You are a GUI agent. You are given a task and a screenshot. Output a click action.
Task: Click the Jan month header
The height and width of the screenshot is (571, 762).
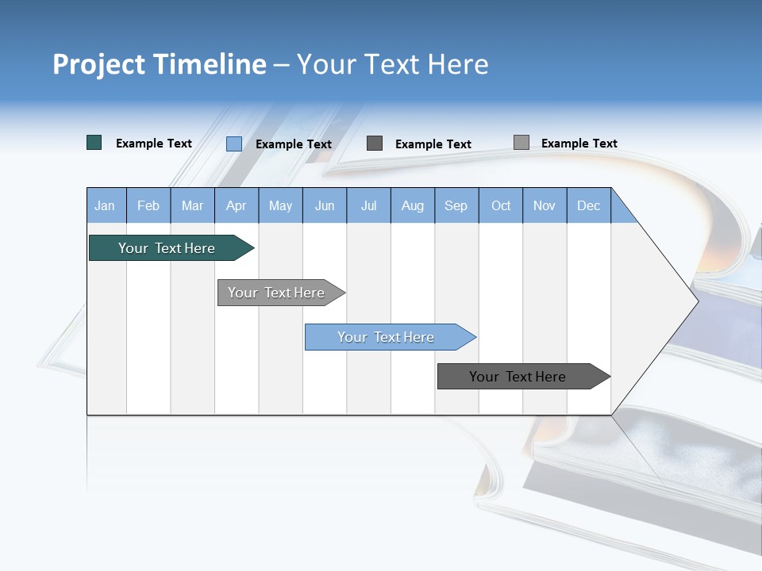pos(105,205)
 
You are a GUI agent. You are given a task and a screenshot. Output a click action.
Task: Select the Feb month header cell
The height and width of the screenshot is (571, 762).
pos(148,205)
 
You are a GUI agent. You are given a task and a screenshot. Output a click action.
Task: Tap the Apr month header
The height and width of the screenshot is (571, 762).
pos(236,205)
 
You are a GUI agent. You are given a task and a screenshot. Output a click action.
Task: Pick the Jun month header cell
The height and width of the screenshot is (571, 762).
pos(325,205)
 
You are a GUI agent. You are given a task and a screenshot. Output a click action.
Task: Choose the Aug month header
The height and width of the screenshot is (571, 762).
pos(413,205)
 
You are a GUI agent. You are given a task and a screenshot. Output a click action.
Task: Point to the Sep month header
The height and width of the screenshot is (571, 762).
pos(456,205)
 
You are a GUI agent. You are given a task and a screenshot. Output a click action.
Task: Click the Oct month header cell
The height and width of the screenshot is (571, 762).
pos(501,205)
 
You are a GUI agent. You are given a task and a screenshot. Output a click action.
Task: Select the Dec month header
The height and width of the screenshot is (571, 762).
pos(588,205)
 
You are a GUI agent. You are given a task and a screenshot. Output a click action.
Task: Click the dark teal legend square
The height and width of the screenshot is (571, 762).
pos(94,143)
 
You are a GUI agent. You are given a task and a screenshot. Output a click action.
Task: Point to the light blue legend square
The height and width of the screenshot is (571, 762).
pos(234,144)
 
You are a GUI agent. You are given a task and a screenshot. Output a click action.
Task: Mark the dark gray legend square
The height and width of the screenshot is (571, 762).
pos(375,143)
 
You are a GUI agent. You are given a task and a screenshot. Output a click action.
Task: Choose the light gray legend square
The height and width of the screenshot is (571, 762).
pos(521,142)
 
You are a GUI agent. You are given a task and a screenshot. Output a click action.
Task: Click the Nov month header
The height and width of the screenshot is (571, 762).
pos(545,205)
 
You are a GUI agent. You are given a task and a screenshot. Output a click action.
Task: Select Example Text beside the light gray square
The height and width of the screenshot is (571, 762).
pos(579,143)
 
